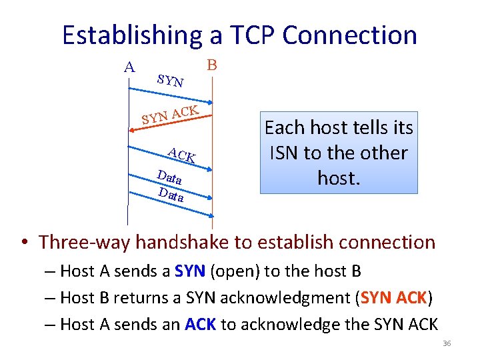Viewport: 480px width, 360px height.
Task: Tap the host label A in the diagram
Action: (129, 67)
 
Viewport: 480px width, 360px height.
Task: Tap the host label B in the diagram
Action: (211, 65)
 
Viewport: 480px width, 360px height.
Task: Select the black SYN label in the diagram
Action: (171, 81)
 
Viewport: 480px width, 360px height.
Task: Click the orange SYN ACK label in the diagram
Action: (169, 115)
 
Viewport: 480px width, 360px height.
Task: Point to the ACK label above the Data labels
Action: (181, 155)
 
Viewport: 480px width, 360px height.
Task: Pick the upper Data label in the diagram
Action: (169, 178)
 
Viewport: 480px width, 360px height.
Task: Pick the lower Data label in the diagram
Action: (171, 195)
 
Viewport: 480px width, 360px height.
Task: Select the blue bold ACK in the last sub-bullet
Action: (201, 325)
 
